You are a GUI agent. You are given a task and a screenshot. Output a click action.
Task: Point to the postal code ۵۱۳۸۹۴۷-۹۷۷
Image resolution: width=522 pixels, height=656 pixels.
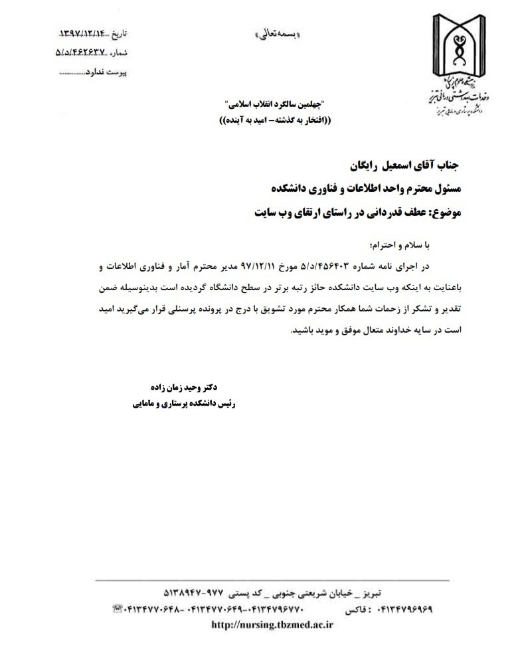194,591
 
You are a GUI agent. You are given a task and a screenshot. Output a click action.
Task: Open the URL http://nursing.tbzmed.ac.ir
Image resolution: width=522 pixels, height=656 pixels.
272,625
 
